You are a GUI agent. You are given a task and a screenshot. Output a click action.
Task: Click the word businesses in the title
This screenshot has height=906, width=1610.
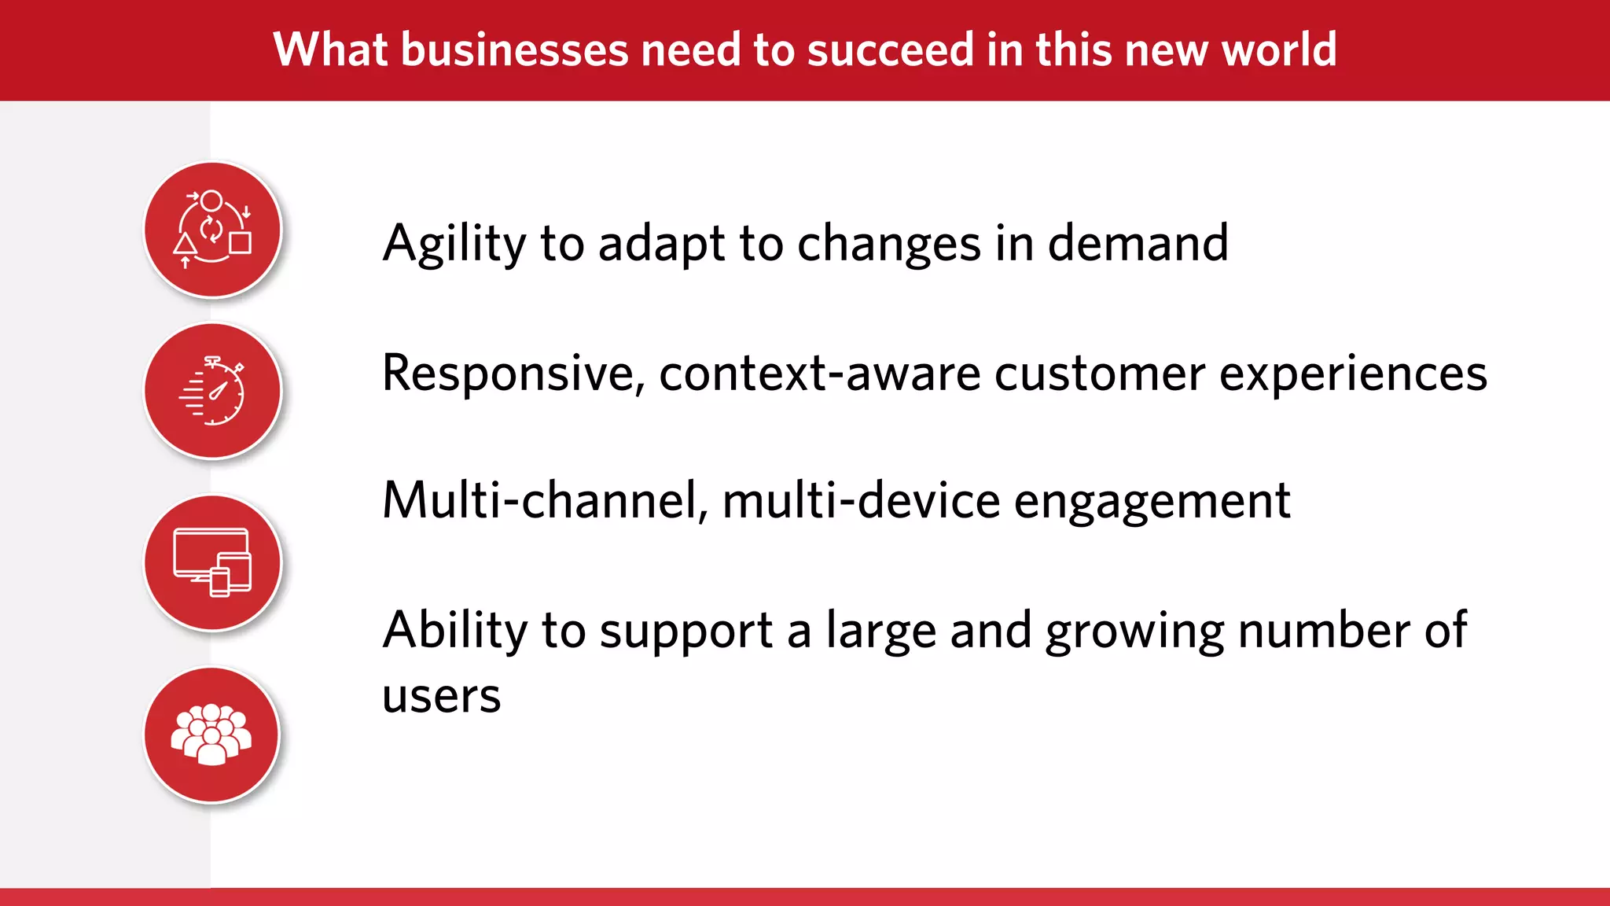coord(514,50)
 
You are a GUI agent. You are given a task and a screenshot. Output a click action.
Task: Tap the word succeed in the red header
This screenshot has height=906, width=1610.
coord(890,50)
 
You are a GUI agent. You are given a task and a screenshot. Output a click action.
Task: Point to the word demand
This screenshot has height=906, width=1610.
coord(1138,244)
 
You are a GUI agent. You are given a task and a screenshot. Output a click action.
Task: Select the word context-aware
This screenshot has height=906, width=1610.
coord(819,373)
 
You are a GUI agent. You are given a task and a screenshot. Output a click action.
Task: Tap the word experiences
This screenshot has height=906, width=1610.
coord(1352,374)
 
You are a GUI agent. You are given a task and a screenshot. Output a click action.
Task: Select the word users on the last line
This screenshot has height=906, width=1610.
coord(441,697)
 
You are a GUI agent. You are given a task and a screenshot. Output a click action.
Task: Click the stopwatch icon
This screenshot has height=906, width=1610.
coord(213,391)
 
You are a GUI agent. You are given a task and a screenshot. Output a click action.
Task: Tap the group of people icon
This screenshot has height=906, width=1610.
coord(212,735)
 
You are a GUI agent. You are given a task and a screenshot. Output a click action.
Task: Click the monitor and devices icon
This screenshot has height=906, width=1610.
coord(212,562)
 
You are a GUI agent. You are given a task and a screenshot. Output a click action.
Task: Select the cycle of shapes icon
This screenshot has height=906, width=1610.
coord(212,230)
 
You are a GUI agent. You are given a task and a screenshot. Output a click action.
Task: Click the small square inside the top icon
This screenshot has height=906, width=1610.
coord(241,242)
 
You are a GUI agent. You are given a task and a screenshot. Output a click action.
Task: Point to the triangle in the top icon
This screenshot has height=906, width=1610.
coord(186,244)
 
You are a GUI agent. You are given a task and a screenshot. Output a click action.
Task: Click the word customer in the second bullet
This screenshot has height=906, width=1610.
coord(1099,373)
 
